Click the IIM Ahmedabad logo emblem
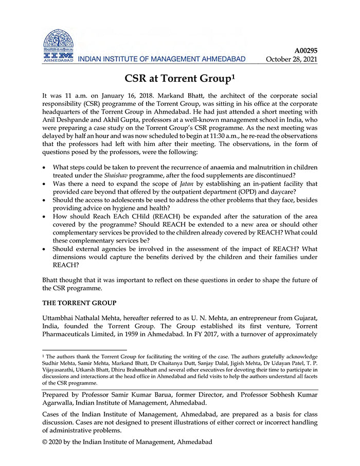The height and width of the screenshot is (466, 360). [x=58, y=43]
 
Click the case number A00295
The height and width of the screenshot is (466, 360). [x=305, y=50]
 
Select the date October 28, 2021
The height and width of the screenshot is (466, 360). [x=291, y=59]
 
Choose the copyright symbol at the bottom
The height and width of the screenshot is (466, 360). [x=45, y=441]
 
